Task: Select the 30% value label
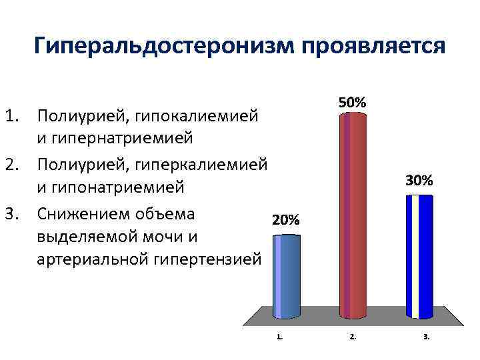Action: click(x=419, y=180)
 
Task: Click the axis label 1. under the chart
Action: click(x=279, y=337)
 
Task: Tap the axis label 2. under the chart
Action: click(x=353, y=337)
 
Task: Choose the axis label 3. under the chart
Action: click(x=426, y=337)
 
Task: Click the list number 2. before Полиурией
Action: click(x=14, y=163)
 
